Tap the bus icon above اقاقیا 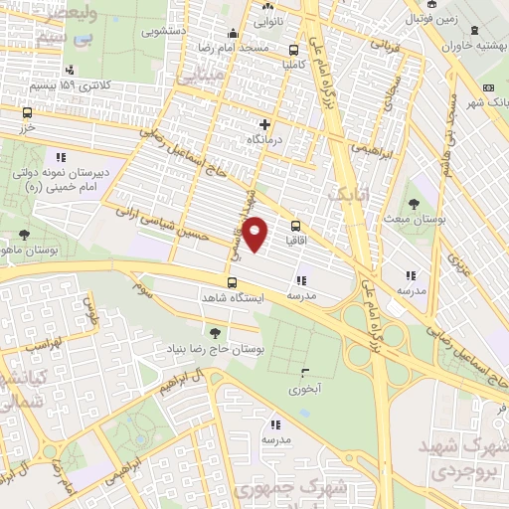tap(296, 226)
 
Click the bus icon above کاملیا tap(293, 50)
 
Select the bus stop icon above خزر tap(27, 113)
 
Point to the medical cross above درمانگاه tap(264, 125)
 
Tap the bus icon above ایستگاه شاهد tap(232, 283)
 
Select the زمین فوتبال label tap(438, 18)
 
